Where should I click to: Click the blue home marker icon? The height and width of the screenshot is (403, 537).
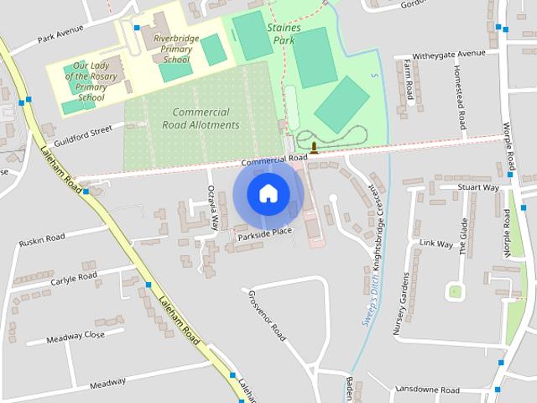268,193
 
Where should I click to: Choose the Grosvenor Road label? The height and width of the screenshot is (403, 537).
267,316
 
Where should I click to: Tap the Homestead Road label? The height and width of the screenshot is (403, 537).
460,92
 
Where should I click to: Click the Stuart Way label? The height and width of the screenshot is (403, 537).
478,187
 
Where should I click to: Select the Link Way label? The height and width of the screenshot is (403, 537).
435,245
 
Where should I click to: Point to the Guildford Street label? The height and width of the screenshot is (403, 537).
83,131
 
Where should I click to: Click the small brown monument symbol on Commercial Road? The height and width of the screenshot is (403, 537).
314,149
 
